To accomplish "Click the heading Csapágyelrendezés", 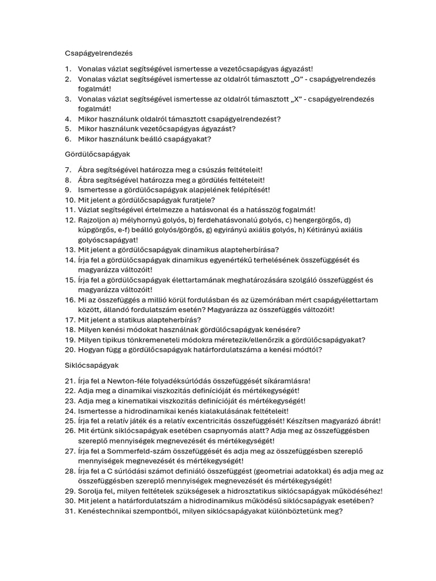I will [x=98, y=53].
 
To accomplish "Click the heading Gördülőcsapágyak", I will [x=98, y=154].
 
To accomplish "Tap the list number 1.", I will [x=68, y=69].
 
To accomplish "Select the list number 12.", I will [x=69, y=220].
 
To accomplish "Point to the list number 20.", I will [x=69, y=350].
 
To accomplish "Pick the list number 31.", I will [x=69, y=511].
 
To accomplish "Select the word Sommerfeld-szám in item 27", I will [x=134, y=451].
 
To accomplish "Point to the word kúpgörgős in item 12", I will [x=95, y=230].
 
